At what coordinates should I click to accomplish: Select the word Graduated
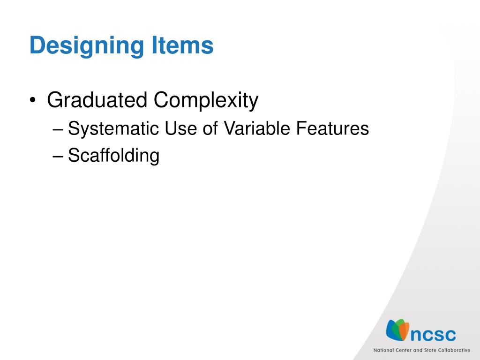coord(97,100)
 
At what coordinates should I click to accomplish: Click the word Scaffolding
coord(113,156)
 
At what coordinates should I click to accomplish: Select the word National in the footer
coord(383,350)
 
